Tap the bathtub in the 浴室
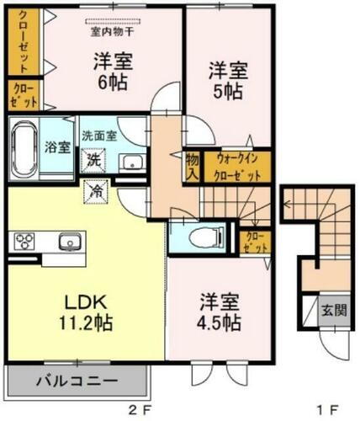(25, 144)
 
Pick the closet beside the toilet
(253, 243)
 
